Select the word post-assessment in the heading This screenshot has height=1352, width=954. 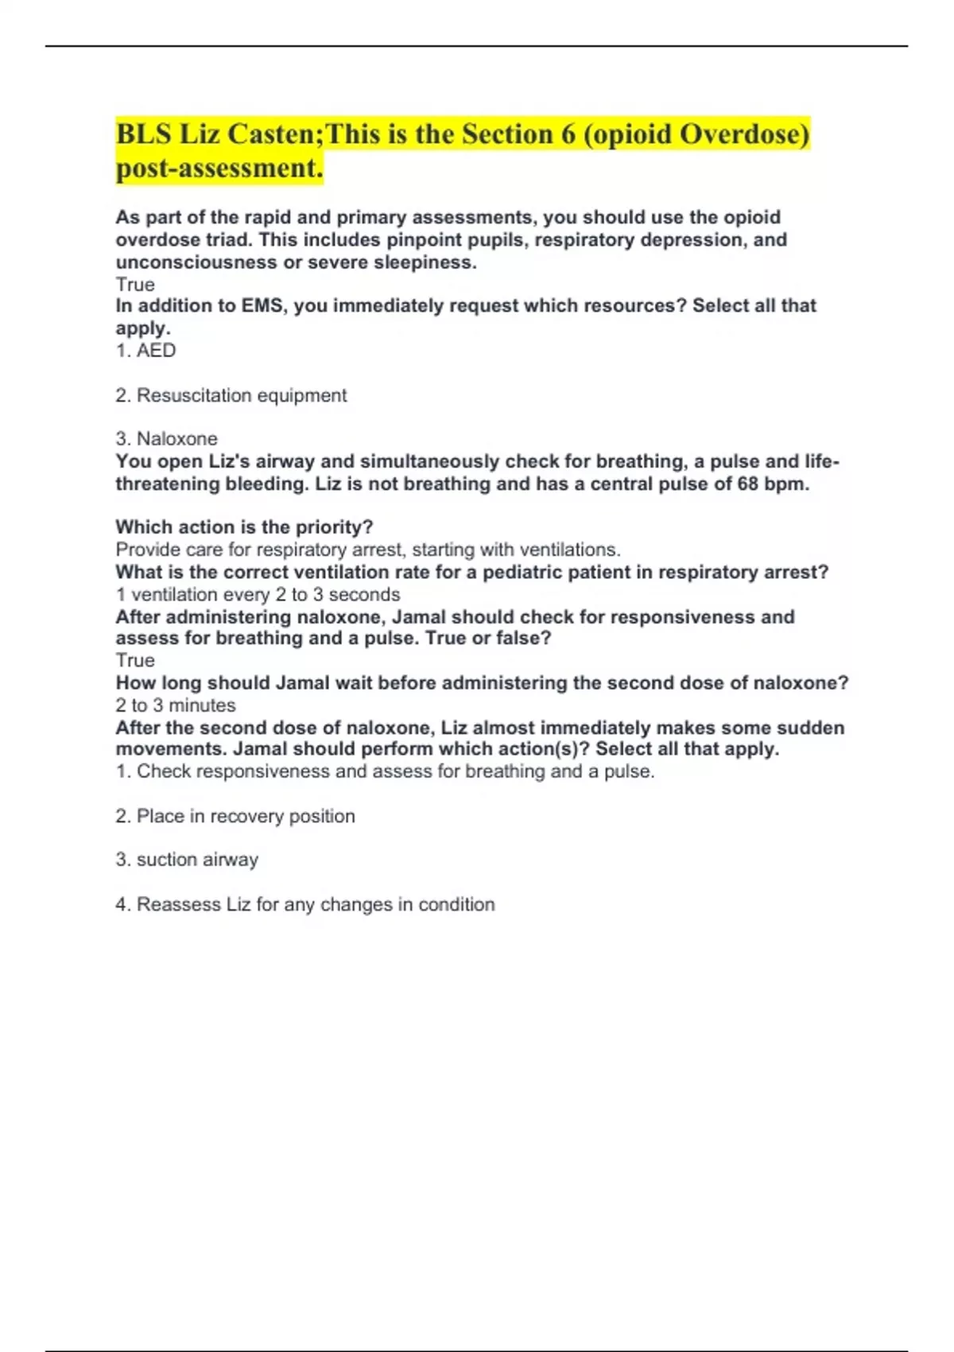[219, 168]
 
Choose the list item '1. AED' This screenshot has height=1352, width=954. [146, 351]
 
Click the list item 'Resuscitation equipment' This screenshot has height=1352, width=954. [242, 395]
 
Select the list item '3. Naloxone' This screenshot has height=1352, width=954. [167, 439]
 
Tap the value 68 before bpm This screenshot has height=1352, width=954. [747, 484]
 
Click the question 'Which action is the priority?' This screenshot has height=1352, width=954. [244, 527]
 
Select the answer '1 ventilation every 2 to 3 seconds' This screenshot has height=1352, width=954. [258, 594]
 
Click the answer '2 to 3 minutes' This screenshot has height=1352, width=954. [176, 705]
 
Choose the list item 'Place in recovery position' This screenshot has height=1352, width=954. [246, 816]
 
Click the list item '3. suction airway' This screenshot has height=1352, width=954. [188, 860]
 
